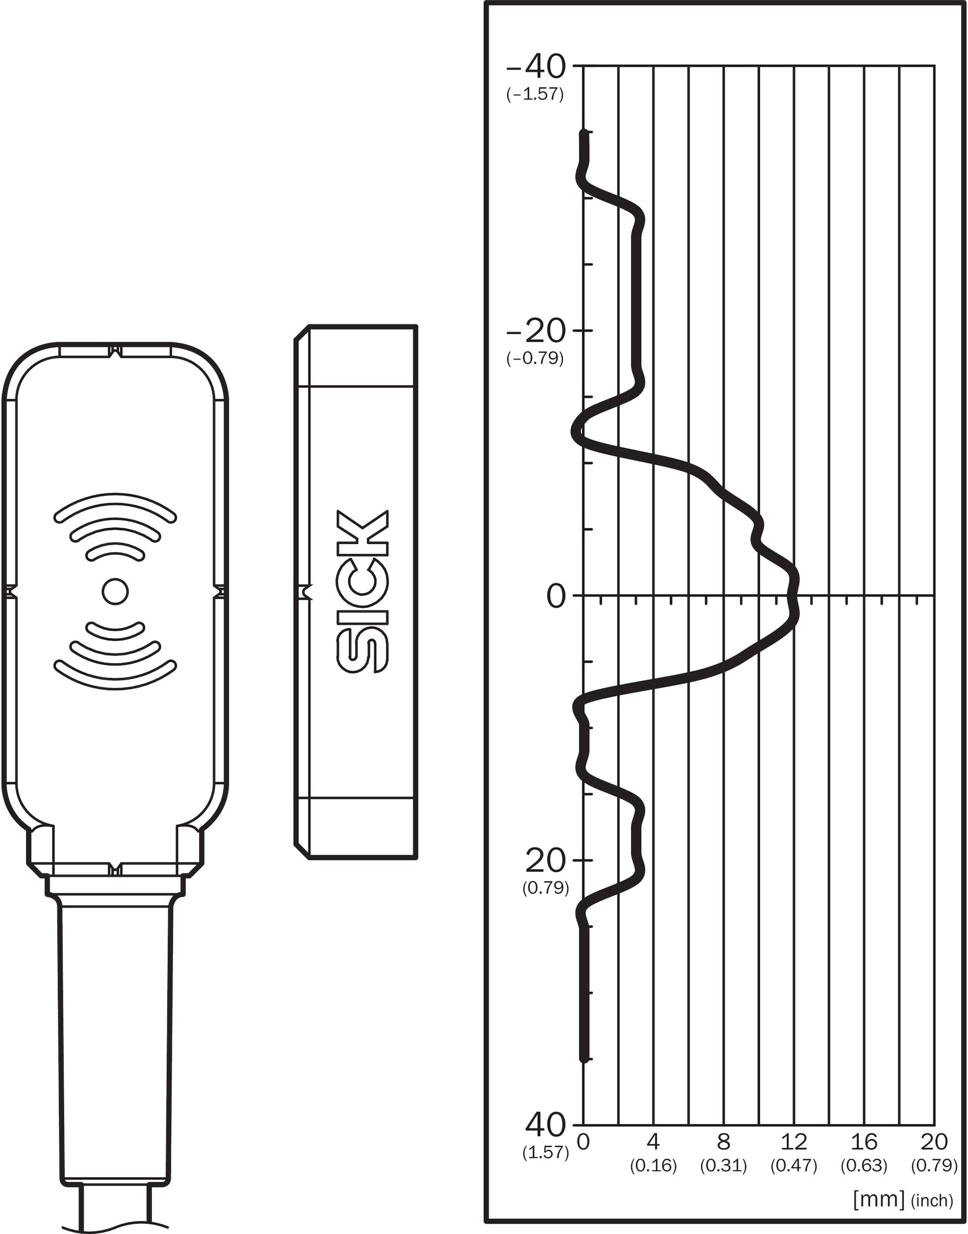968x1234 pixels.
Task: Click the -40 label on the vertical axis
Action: click(x=536, y=67)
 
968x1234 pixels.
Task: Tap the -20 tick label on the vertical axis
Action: click(x=536, y=332)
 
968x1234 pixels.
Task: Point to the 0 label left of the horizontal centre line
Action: click(x=557, y=596)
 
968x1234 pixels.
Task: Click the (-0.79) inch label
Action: click(x=535, y=358)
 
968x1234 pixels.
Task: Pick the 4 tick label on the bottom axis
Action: click(x=653, y=1142)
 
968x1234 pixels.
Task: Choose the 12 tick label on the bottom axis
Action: click(x=794, y=1142)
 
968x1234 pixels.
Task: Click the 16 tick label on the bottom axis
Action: click(x=864, y=1142)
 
